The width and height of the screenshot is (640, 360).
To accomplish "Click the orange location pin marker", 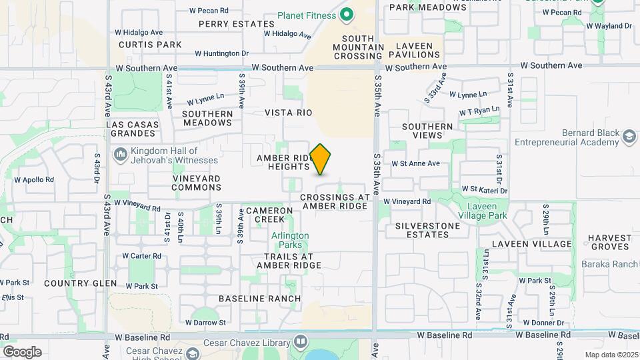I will tap(321, 159).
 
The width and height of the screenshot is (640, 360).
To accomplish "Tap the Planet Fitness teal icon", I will tap(347, 15).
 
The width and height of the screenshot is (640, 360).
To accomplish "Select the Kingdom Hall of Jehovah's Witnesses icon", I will tap(121, 155).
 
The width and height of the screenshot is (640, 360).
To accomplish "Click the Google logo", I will tap(21, 351).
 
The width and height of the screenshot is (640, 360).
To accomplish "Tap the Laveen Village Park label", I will tap(483, 211).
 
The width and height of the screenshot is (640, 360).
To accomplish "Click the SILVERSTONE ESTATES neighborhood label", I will tap(427, 230).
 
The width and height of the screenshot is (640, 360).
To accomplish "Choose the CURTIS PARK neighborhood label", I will tap(150, 45).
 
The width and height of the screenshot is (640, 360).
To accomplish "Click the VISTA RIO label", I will tap(288, 113).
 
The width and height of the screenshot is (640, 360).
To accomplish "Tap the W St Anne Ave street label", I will tap(415, 163).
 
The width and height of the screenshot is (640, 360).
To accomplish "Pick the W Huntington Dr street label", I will tap(221, 53).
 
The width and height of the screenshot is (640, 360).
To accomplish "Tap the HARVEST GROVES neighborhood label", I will tap(609, 242).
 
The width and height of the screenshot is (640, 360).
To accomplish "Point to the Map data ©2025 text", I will tap(611, 355).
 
